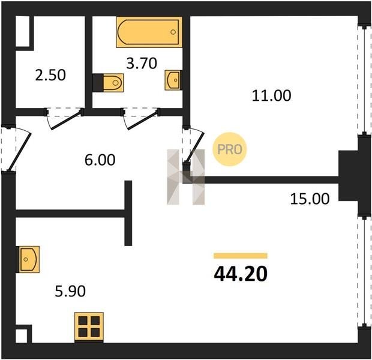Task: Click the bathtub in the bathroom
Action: click(x=149, y=32)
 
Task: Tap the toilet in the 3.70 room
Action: click(x=113, y=83)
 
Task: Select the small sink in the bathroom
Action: click(x=173, y=80)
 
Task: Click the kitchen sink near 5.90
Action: click(x=29, y=259)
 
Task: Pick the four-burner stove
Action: click(x=89, y=327)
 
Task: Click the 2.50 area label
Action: click(x=50, y=75)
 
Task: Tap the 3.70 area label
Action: click(x=142, y=64)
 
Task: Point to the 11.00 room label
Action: click(x=271, y=95)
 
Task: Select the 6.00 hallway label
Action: click(x=100, y=160)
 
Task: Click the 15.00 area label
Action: click(x=310, y=199)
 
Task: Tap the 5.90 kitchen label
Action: click(x=70, y=291)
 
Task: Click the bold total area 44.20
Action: click(x=241, y=274)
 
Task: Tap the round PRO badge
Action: click(x=229, y=149)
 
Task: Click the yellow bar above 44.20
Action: click(x=241, y=256)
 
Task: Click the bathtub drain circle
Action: click(x=173, y=32)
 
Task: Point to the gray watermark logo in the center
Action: click(x=186, y=177)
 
